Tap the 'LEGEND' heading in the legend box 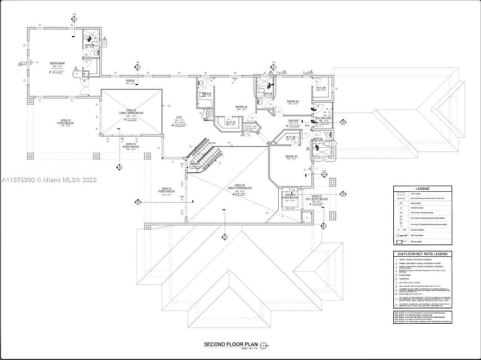tap(421, 189)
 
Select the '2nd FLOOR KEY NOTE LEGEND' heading tap(421, 255)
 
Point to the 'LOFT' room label tap(179, 118)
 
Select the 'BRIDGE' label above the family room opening tap(129, 80)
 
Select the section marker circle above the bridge tap(136, 66)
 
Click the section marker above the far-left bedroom tap(73, 17)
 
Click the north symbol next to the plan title tap(273, 344)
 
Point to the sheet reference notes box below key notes tap(421, 315)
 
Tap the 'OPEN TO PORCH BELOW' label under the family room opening tap(131, 144)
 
